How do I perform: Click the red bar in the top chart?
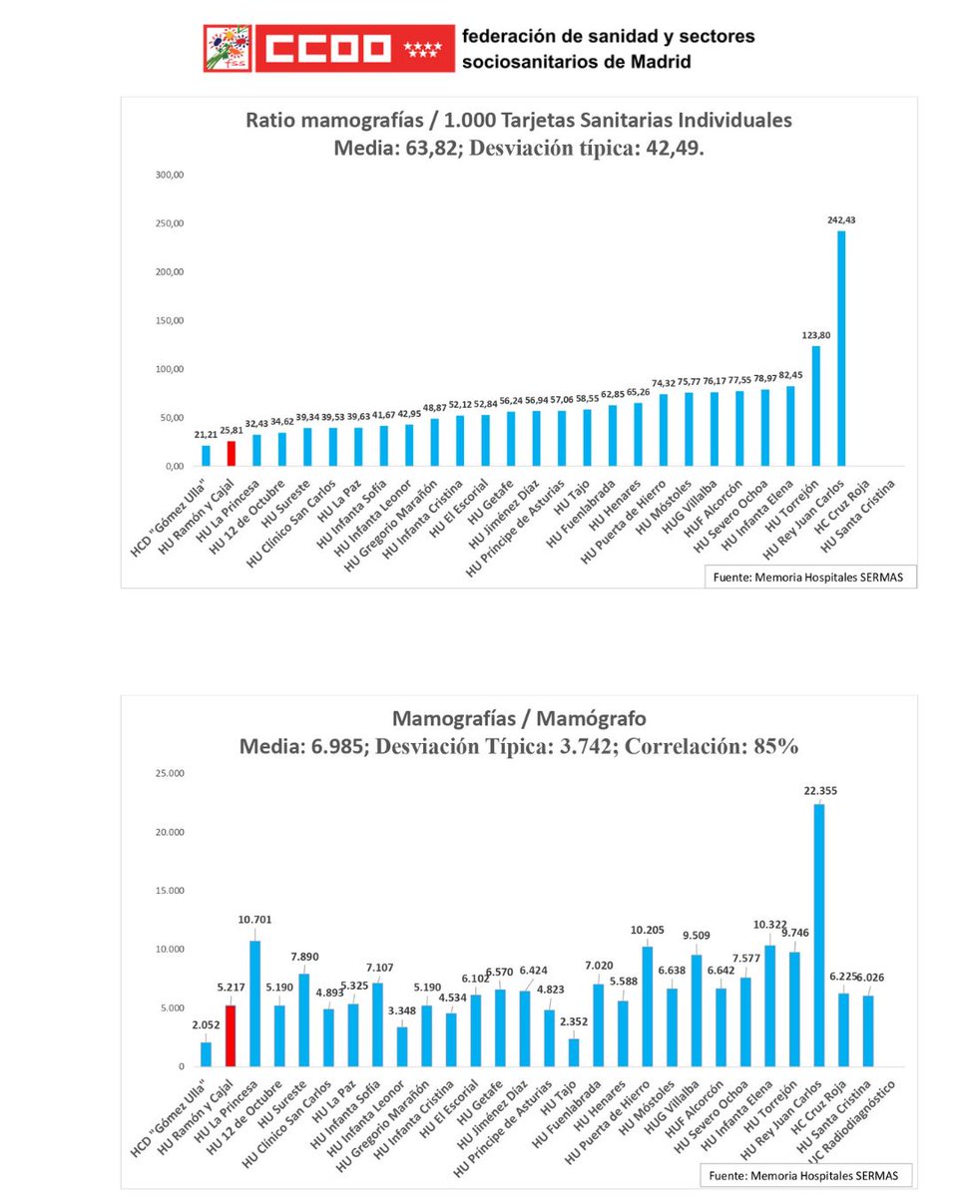pyautogui.click(x=232, y=454)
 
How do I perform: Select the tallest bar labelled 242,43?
pyautogui.click(x=841, y=349)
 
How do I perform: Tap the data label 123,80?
pyautogui.click(x=815, y=336)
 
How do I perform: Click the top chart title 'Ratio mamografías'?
pyautogui.click(x=519, y=121)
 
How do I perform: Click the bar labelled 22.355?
pyautogui.click(x=818, y=936)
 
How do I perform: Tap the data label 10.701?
pyautogui.click(x=255, y=920)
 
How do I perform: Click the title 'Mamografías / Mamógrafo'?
pyautogui.click(x=520, y=718)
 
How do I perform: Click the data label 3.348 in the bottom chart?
pyautogui.click(x=402, y=1008)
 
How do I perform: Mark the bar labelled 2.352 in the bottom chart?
pyautogui.click(x=574, y=1053)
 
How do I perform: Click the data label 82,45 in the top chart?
pyautogui.click(x=789, y=374)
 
